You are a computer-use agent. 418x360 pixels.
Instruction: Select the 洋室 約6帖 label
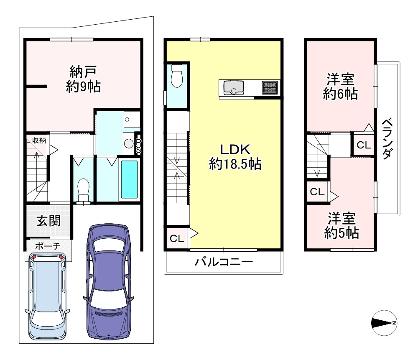(x=340, y=86)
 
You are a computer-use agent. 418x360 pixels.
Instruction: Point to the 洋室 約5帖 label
(x=341, y=225)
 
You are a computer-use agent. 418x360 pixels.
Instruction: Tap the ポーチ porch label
(x=48, y=246)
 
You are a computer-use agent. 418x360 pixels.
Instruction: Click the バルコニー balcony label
(x=224, y=263)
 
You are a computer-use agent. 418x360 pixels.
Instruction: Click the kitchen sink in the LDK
(x=233, y=88)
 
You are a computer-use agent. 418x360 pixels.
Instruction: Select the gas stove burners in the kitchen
(x=270, y=87)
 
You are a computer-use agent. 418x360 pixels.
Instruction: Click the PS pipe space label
(x=138, y=146)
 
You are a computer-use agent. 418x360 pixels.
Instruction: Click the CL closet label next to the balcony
(x=177, y=239)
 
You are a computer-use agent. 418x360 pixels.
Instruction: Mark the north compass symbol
(x=385, y=322)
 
